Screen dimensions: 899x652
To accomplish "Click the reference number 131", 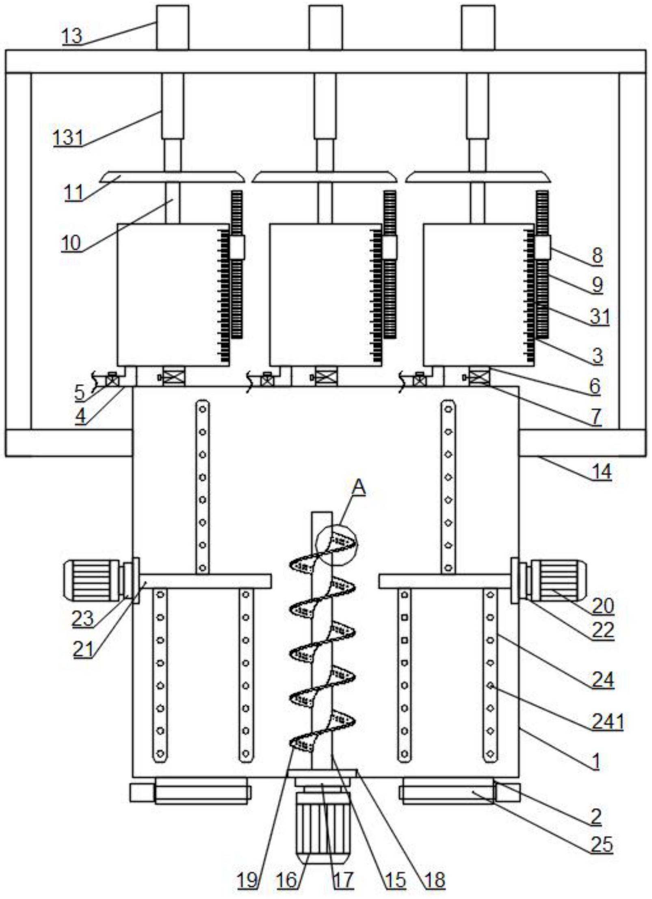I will [x=68, y=137].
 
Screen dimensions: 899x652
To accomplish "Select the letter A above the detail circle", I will [x=359, y=487].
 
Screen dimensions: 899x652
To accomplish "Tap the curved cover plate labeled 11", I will [x=173, y=177].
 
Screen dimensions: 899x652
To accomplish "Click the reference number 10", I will [x=71, y=243].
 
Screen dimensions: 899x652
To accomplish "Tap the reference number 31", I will [x=600, y=316].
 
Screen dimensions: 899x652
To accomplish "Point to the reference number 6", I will [x=595, y=386].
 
